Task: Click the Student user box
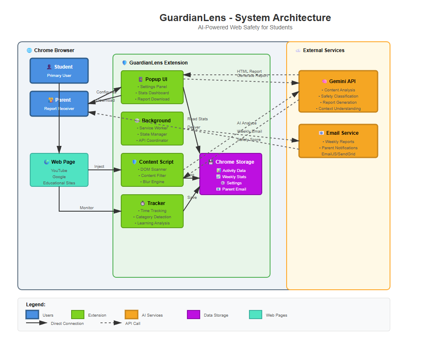click(x=59, y=71)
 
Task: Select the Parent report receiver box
click(x=59, y=104)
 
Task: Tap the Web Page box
click(x=59, y=170)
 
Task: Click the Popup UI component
click(x=152, y=87)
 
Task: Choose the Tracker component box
click(x=152, y=211)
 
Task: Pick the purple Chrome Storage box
click(x=231, y=174)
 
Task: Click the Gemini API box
click(x=338, y=91)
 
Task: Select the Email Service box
click(x=338, y=141)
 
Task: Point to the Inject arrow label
click(x=99, y=167)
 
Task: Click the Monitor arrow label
click(x=87, y=208)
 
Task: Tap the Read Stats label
click(x=198, y=119)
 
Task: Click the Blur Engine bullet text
click(x=152, y=182)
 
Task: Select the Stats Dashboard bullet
click(x=153, y=93)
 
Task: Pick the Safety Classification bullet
click(x=339, y=96)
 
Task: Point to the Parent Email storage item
click(x=231, y=189)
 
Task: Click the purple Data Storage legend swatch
click(x=194, y=315)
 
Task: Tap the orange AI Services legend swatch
click(x=132, y=315)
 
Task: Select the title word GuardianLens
click(x=193, y=18)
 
